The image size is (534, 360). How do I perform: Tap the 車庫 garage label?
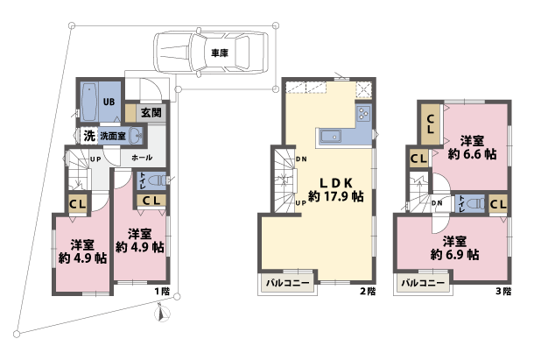(219, 53)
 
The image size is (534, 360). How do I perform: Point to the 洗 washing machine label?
(88, 136)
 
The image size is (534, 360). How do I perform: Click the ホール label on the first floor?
(140, 158)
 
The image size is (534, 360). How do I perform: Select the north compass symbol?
(159, 312)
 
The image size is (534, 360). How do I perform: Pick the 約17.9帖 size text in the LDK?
(336, 197)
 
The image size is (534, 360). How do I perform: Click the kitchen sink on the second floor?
(331, 136)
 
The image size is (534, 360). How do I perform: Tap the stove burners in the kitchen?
(363, 113)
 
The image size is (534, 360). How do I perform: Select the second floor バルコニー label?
(285, 284)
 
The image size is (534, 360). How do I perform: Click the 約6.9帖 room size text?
(453, 255)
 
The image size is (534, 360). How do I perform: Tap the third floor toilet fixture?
(474, 202)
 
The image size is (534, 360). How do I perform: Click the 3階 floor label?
(502, 291)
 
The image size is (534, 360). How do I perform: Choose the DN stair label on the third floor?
(436, 202)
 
